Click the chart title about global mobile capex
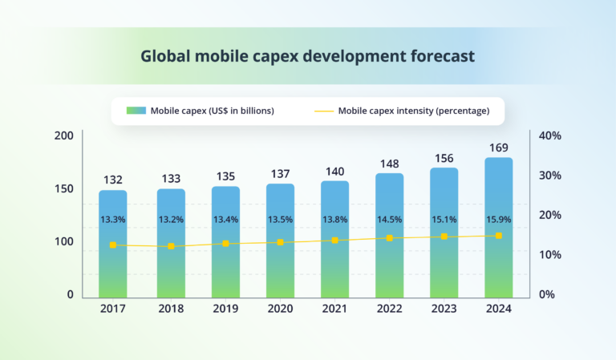click(307, 57)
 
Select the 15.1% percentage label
click(444, 219)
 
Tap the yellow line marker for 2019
click(225, 243)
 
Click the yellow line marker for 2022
click(389, 238)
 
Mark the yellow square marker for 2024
click(498, 236)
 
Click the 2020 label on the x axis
click(280, 308)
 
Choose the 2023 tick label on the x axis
click(444, 308)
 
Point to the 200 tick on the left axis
click(64, 136)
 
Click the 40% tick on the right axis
click(549, 136)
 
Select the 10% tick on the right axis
click(549, 254)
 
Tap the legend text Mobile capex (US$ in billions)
click(212, 111)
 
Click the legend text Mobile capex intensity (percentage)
click(413, 111)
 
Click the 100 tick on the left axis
click(64, 241)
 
